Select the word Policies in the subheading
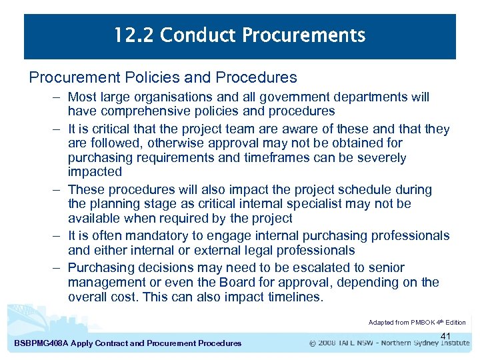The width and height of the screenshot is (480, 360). point(144,78)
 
